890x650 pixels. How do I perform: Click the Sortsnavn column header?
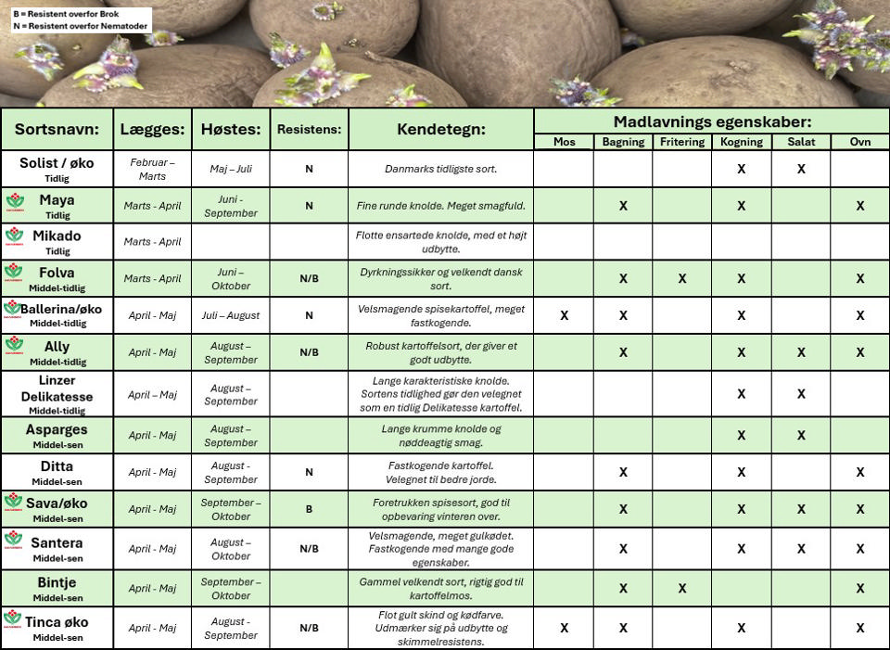pyautogui.click(x=57, y=129)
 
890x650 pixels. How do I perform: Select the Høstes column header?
pyautogui.click(x=230, y=129)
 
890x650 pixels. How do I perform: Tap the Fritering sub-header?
pyautogui.click(x=681, y=142)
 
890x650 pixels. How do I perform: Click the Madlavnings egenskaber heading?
pyautogui.click(x=712, y=121)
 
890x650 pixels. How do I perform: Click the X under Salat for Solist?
pyautogui.click(x=801, y=169)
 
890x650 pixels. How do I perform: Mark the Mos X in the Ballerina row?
pyautogui.click(x=564, y=315)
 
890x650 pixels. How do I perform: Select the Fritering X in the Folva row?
pyautogui.click(x=681, y=278)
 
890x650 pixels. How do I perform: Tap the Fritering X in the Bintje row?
pyautogui.click(x=681, y=588)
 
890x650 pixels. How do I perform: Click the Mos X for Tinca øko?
pyautogui.click(x=564, y=628)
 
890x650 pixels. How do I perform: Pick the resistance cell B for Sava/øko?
pyautogui.click(x=309, y=509)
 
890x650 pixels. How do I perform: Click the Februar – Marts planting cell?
pyautogui.click(x=152, y=169)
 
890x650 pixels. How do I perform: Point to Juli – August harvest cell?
pyautogui.click(x=230, y=315)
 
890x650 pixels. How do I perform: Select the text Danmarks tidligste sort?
pyautogui.click(x=441, y=169)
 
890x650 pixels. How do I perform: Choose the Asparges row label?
pyautogui.click(x=57, y=435)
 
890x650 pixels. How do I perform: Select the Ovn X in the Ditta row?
pyautogui.click(x=859, y=472)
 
